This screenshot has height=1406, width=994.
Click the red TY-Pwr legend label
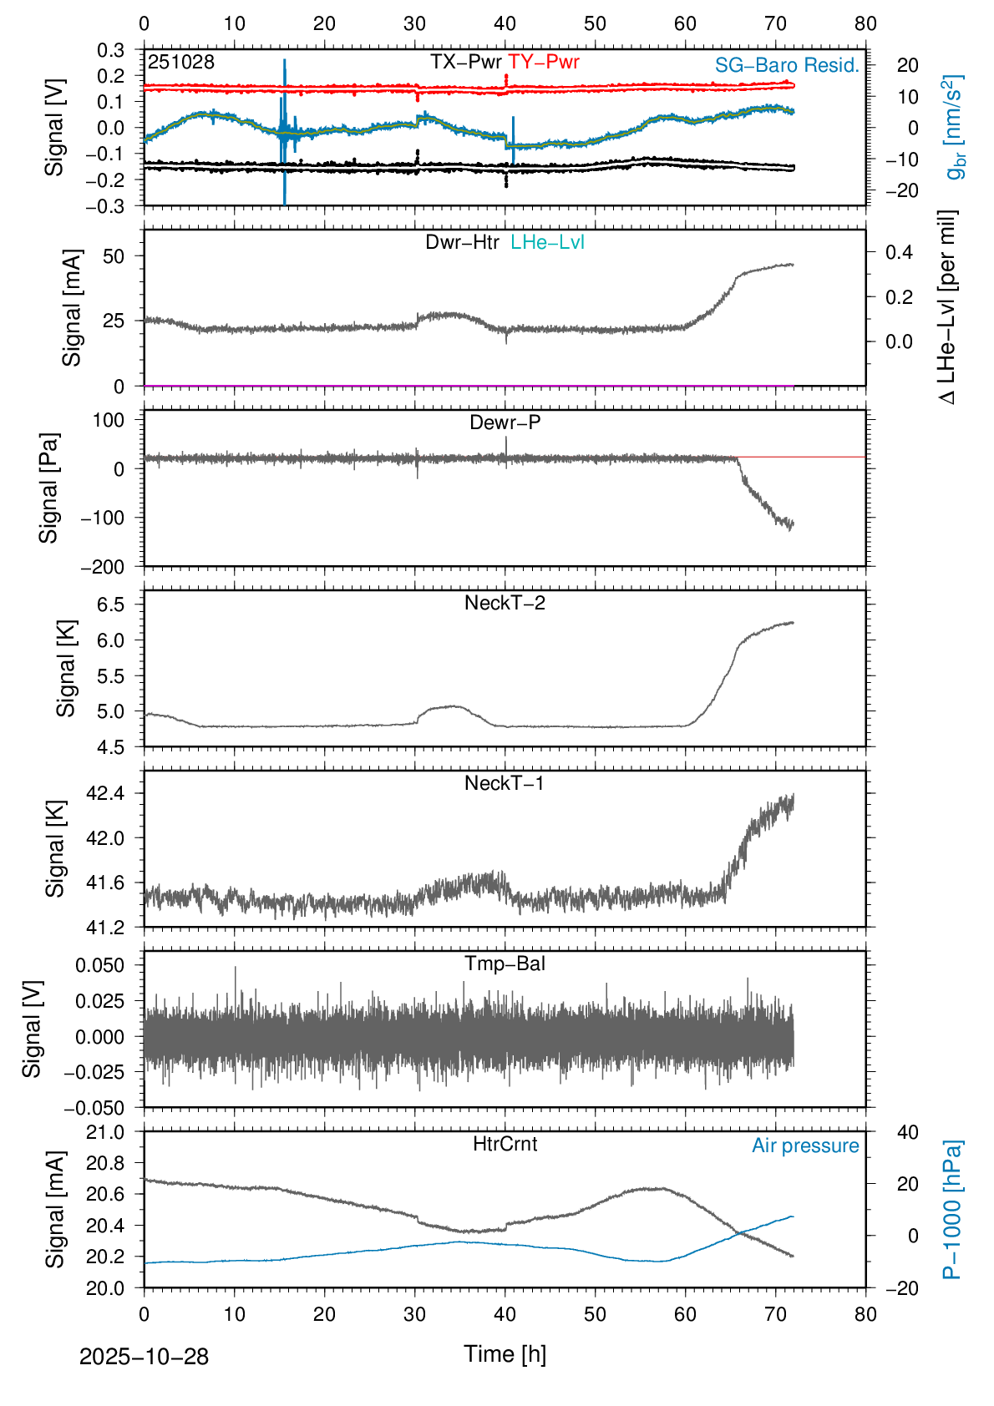[x=543, y=62]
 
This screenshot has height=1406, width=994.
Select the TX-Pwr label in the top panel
[x=465, y=62]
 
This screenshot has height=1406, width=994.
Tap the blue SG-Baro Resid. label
[x=787, y=65]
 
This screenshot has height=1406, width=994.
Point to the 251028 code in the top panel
[x=181, y=62]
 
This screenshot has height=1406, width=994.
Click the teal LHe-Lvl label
[x=547, y=242]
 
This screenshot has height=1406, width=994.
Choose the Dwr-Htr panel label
[x=462, y=242]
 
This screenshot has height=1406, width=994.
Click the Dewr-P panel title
[x=505, y=422]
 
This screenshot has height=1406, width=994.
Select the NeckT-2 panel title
[x=505, y=603]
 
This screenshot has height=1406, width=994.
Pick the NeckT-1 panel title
[x=505, y=783]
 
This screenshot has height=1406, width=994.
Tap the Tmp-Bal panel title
[x=505, y=963]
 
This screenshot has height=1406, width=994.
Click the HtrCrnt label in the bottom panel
[x=505, y=1144]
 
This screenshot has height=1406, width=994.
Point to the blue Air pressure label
[x=805, y=1146]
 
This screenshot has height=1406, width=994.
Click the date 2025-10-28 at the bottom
[x=144, y=1357]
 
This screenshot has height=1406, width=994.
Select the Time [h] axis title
[x=505, y=1353]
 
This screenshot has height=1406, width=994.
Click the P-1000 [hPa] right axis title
[x=952, y=1210]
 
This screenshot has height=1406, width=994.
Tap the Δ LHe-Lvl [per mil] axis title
[x=947, y=307]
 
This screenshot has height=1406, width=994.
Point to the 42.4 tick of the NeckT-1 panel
[x=105, y=792]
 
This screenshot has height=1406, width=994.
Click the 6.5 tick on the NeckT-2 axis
[x=111, y=604]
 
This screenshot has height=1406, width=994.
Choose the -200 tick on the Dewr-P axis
[x=102, y=567]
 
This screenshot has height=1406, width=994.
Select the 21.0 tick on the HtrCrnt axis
[x=105, y=1132]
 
